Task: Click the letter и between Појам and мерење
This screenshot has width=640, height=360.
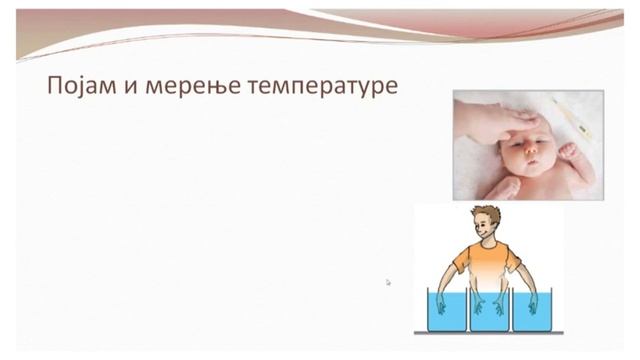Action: (129, 87)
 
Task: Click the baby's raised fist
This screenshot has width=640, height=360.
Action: (567, 151)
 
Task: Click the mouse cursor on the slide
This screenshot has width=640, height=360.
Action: (388, 282)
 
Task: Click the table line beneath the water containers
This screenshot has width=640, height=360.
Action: (489, 333)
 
